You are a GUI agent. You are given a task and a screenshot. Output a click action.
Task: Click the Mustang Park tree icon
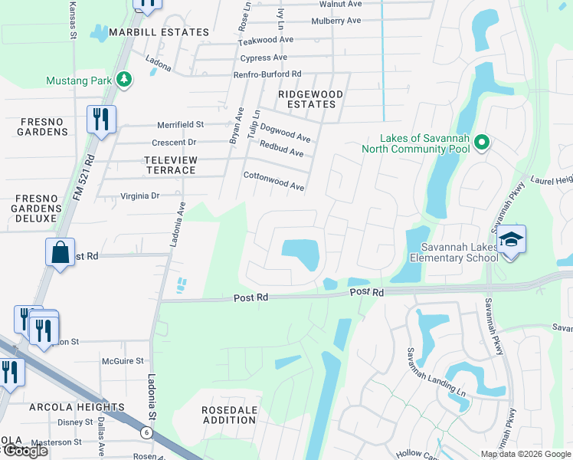click(x=123, y=79)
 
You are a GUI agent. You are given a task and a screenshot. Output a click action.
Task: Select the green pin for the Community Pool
click(x=481, y=142)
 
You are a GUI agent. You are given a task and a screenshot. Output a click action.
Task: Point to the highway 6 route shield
click(x=146, y=433)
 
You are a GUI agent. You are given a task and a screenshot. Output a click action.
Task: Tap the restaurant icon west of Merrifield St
click(x=101, y=119)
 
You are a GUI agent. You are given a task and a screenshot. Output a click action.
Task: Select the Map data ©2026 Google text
click(x=526, y=454)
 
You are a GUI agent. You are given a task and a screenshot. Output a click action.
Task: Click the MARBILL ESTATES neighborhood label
click(x=159, y=32)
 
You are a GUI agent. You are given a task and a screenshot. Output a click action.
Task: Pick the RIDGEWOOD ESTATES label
click(x=310, y=99)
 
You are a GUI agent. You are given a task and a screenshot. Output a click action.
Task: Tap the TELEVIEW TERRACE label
click(x=160, y=165)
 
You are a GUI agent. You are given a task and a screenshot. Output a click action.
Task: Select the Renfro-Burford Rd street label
click(x=267, y=74)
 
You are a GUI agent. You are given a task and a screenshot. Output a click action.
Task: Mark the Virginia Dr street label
click(x=139, y=195)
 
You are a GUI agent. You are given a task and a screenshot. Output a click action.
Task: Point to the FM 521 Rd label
click(x=83, y=178)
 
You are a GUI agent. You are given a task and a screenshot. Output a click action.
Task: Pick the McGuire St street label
click(x=123, y=360)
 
